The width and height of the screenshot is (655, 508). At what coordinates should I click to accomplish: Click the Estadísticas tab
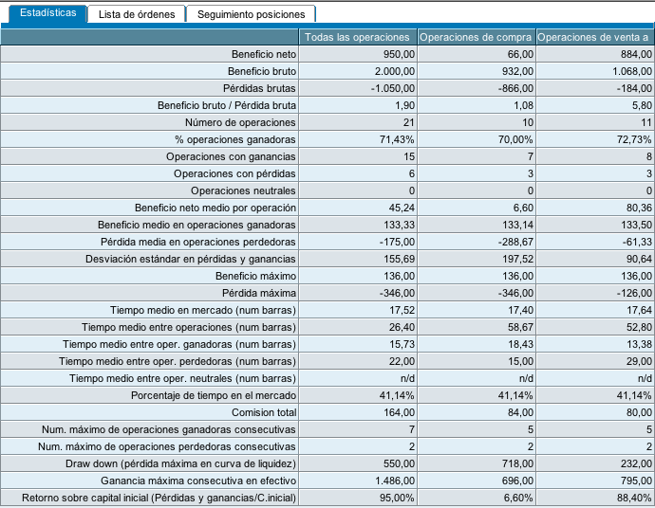pos(47,13)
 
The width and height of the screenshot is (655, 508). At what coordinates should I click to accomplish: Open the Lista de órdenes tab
pos(137,14)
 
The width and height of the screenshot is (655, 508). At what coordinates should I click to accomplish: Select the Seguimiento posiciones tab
pos(252,14)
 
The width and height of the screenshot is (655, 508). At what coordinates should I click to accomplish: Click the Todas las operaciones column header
pos(356,37)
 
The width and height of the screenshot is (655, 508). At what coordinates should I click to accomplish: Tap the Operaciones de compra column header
pos(476,37)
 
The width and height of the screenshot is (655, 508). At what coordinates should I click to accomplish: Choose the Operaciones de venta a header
pos(593,37)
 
